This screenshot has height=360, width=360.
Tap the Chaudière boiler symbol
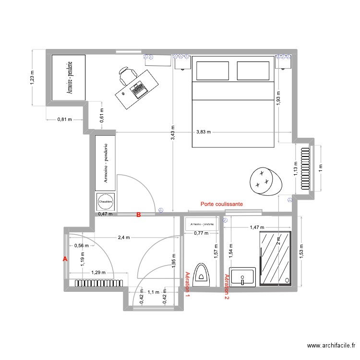[x=105, y=202]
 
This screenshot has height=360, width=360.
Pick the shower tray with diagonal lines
[x=275, y=259]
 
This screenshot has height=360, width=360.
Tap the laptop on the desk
[x=139, y=89]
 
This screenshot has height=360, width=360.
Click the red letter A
[x=65, y=259]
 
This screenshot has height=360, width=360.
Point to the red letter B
[x=139, y=216]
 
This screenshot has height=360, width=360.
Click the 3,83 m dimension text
[x=204, y=132]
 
